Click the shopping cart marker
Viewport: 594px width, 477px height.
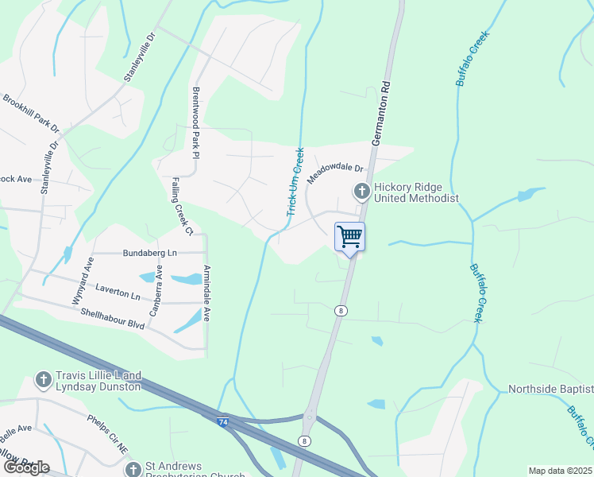pos(349,237)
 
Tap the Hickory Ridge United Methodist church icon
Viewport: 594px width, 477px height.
pos(361,191)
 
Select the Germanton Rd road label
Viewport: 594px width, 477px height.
pos(382,111)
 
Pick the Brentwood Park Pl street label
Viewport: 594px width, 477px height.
pos(196,122)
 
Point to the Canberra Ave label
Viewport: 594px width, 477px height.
pos(155,287)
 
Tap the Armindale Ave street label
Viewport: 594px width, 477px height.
pos(206,292)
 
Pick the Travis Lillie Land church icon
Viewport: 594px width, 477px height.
pos(44,381)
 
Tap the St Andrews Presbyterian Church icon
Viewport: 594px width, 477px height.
pos(133,470)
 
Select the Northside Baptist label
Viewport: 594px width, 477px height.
pos(550,389)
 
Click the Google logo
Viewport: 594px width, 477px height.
pos(26,467)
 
